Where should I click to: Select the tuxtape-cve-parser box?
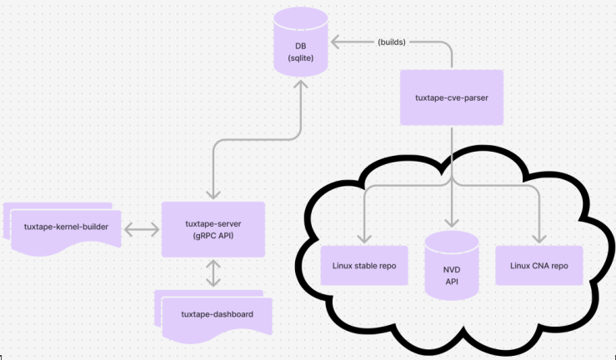[x=452, y=97]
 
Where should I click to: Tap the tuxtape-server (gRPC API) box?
[x=213, y=229]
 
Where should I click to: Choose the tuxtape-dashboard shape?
[x=212, y=314]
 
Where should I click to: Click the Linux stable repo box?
[x=364, y=266]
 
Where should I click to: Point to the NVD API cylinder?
[x=451, y=266]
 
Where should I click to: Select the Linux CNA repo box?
[x=538, y=266]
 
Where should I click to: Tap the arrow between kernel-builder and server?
[x=141, y=228]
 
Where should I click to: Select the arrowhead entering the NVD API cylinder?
[x=451, y=223]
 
